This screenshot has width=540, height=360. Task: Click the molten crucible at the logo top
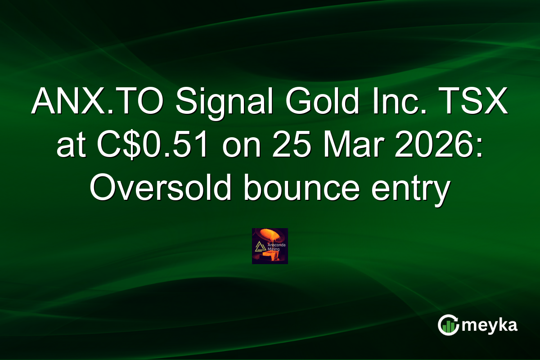coord(272,234)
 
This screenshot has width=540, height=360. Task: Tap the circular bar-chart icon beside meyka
coord(448,325)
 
